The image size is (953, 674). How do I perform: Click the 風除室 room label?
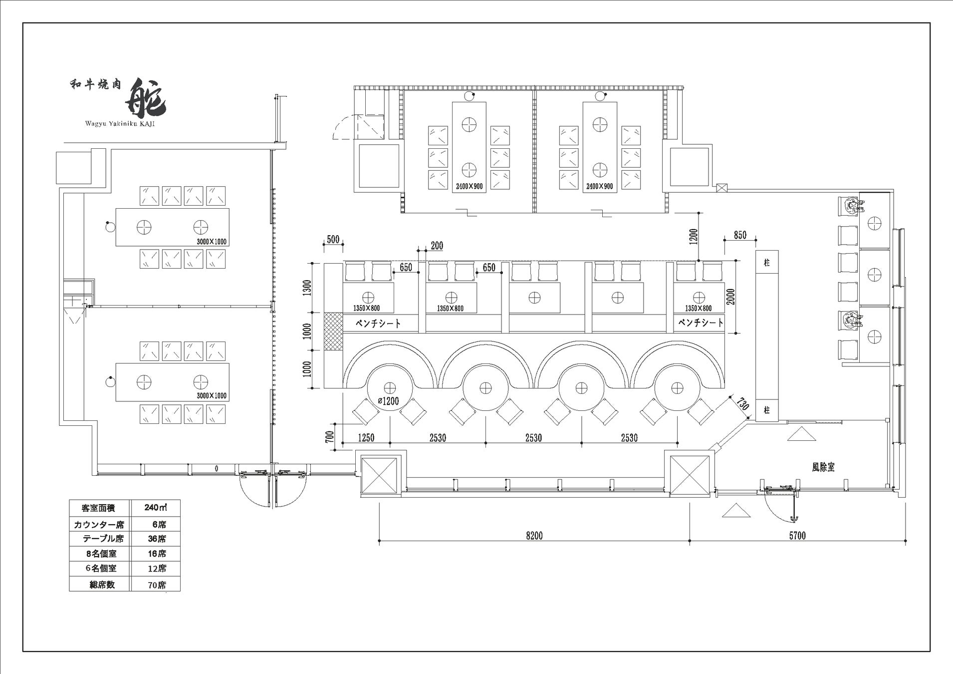[823, 467]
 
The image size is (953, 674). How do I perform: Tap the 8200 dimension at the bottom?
[534, 536]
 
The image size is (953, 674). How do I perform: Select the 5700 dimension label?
[797, 536]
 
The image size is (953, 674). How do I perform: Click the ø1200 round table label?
[388, 401]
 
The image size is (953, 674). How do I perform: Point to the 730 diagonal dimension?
[743, 403]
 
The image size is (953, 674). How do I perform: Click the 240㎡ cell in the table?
[155, 508]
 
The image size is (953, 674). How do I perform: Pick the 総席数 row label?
[102, 585]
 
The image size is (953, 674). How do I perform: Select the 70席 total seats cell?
[157, 585]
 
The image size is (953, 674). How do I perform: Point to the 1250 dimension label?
[366, 438]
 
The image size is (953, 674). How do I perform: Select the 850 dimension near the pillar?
[740, 235]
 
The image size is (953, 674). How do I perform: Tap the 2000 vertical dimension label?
[731, 297]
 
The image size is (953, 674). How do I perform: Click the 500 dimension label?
[333, 240]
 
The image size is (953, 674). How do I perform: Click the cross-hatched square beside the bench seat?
[333, 331]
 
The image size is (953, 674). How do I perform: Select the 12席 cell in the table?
[157, 569]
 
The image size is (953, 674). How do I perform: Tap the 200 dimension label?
[437, 246]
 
